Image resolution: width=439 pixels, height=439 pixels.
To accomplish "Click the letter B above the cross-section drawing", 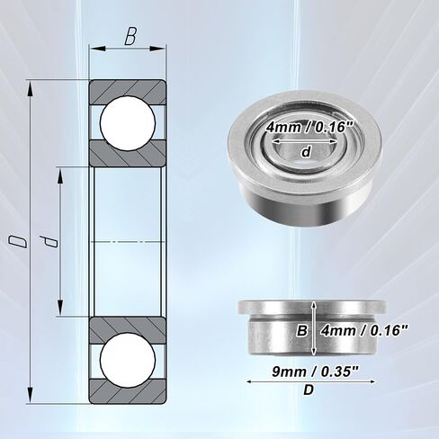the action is pos(130,36).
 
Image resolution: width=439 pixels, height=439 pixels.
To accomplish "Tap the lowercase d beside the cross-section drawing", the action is pos(49,242).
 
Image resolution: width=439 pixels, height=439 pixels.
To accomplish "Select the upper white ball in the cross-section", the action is pos(128,122).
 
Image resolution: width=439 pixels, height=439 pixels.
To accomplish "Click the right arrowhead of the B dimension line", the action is pos(157,49).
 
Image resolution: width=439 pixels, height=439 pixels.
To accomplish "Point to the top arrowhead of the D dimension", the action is pos(30,89).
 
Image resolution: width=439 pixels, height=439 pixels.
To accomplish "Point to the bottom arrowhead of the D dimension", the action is pos(30,395).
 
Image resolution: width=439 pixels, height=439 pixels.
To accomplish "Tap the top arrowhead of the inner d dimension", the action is pos(60,176).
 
